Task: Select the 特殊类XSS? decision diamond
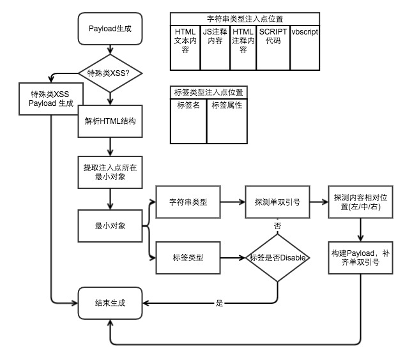111,73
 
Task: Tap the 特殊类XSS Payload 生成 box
52,99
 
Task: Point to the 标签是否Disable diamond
277,257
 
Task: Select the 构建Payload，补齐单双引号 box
363,257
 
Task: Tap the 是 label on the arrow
219,303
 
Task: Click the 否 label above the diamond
277,225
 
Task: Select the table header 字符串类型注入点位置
245,19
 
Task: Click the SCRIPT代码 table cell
273,35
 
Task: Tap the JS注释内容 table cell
215,35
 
